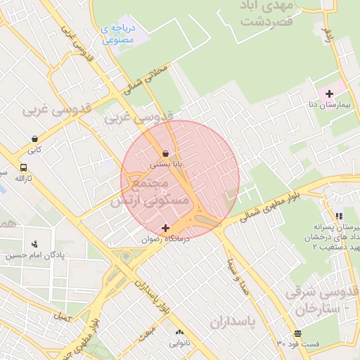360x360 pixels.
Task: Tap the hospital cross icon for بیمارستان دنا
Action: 329,94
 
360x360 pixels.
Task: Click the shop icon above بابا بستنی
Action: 165,153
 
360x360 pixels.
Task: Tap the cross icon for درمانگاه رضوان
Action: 165,228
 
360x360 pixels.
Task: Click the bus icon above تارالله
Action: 24,168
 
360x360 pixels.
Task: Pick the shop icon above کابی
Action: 34,139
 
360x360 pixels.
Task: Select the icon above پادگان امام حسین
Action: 34,244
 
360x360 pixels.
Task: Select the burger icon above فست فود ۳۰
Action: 298,333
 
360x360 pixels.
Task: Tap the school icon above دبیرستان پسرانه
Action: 339,217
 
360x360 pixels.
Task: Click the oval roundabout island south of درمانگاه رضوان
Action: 126,257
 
